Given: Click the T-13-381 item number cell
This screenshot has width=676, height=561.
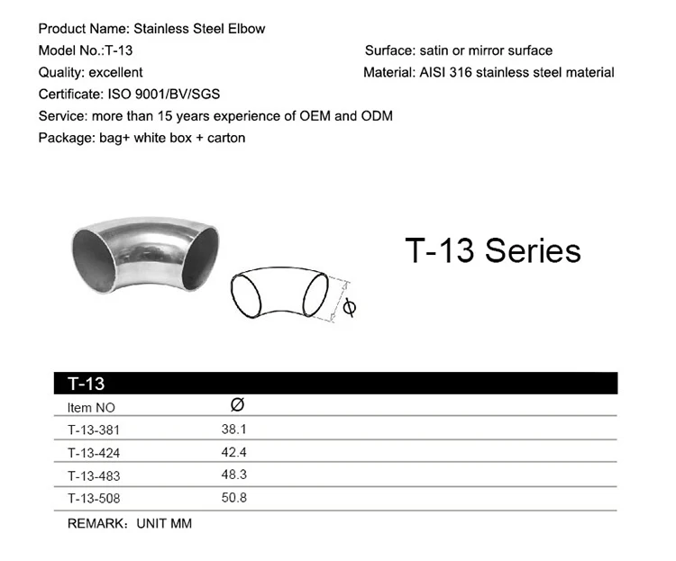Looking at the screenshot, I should tap(93, 430).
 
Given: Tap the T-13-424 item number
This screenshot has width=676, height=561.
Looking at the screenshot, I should tap(93, 452).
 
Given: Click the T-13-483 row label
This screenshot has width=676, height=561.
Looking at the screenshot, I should tap(93, 475).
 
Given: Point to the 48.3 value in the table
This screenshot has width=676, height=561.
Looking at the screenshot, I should tap(234, 475).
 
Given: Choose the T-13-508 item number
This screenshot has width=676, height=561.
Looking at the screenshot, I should tap(93, 498).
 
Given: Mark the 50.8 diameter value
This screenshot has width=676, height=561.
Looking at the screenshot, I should tap(234, 497).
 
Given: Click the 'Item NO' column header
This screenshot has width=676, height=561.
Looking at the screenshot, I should tap(91, 407).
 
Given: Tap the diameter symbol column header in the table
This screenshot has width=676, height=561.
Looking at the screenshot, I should tap(237, 405).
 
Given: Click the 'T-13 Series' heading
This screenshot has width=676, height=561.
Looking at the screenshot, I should tap(492, 249).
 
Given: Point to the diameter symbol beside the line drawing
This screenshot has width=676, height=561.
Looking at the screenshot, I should tap(351, 307).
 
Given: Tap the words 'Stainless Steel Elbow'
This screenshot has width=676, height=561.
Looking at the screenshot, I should tap(199, 29).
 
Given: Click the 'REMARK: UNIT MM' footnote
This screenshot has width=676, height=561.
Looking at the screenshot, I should tap(130, 522).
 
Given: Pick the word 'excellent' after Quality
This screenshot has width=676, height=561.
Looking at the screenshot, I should tap(116, 72).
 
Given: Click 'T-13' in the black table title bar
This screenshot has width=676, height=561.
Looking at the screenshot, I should tap(87, 384).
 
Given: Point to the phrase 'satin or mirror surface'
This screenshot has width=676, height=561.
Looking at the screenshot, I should tap(486, 50).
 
